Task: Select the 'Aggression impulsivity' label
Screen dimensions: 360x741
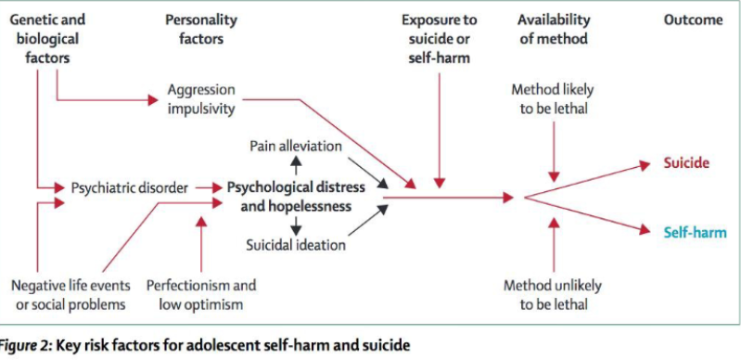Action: pos(201,98)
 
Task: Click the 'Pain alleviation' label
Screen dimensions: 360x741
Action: pos(296,146)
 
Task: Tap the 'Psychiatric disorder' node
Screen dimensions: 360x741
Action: pos(129,187)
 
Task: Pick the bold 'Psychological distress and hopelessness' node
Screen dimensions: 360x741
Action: pos(296,197)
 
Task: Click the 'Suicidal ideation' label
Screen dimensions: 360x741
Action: pos(296,245)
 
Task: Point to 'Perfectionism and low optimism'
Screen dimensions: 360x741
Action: pos(201,294)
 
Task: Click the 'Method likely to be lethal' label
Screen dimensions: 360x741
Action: pos(553,98)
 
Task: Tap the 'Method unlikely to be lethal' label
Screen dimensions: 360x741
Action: pos(553,294)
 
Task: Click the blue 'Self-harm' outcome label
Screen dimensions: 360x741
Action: pos(688,233)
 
